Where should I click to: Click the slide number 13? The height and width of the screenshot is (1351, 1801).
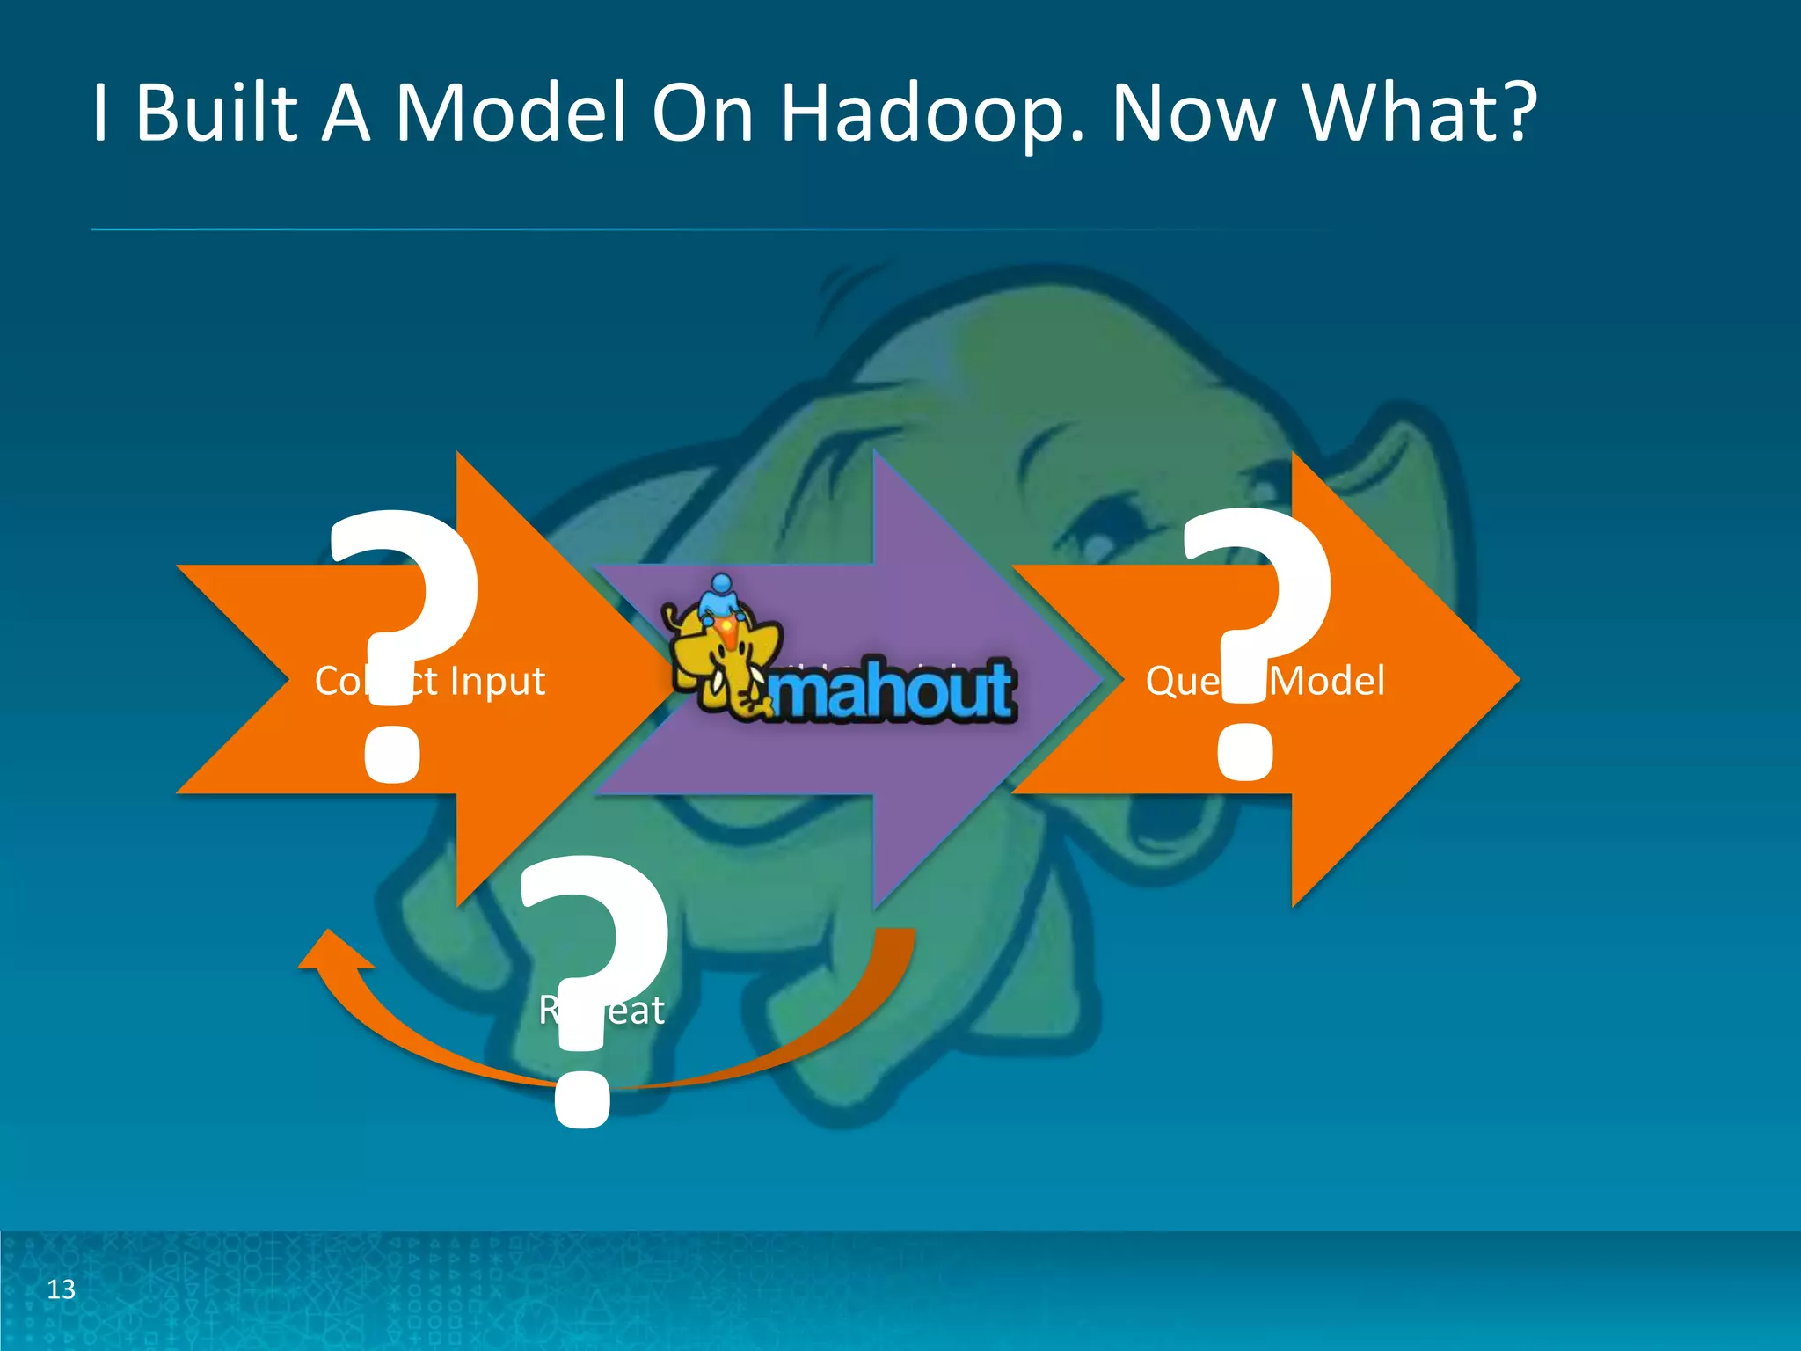61,1289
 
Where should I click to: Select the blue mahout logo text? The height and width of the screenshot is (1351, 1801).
893,690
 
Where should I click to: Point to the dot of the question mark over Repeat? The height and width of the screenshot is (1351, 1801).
582,1099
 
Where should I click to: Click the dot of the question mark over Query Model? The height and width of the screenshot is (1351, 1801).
1244,752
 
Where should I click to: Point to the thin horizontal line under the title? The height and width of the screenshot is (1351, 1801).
704,230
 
